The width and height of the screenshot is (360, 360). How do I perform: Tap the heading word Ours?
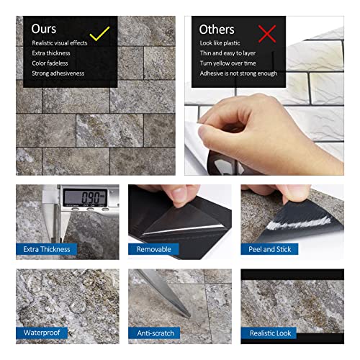(45, 30)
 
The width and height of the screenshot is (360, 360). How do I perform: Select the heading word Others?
(217, 30)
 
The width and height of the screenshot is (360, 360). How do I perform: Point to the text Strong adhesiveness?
(58, 73)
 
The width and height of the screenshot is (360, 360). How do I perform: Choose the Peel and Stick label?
(271, 250)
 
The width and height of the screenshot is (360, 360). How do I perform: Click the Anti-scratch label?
(156, 333)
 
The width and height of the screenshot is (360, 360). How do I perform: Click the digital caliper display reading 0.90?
(81, 197)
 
